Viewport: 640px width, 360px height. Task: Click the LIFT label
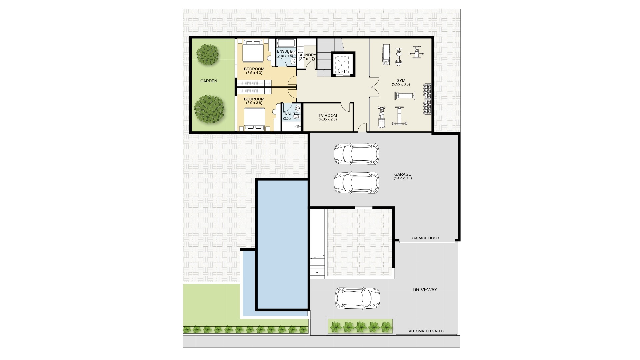point(342,71)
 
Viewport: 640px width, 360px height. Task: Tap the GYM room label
point(401,80)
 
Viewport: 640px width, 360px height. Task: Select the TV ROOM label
point(327,116)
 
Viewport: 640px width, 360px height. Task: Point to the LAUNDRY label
point(307,55)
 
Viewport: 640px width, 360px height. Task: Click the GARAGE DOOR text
point(425,238)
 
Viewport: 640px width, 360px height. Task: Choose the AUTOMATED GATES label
point(426,331)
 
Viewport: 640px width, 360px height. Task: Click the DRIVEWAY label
point(425,290)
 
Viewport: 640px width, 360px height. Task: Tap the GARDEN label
point(209,81)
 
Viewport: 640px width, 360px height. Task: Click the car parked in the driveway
point(357,298)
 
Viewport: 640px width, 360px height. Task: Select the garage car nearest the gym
point(356,154)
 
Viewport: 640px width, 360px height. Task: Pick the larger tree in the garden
point(209,109)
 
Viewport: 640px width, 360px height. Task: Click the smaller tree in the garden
point(208,55)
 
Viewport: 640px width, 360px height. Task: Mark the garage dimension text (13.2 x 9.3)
point(403,178)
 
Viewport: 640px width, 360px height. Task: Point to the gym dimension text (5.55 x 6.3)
point(401,84)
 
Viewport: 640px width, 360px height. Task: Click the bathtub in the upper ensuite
point(286,44)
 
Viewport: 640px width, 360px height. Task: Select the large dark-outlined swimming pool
point(282,245)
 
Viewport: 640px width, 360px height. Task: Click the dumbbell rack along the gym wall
point(427,99)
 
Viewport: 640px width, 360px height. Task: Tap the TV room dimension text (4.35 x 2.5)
point(327,119)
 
